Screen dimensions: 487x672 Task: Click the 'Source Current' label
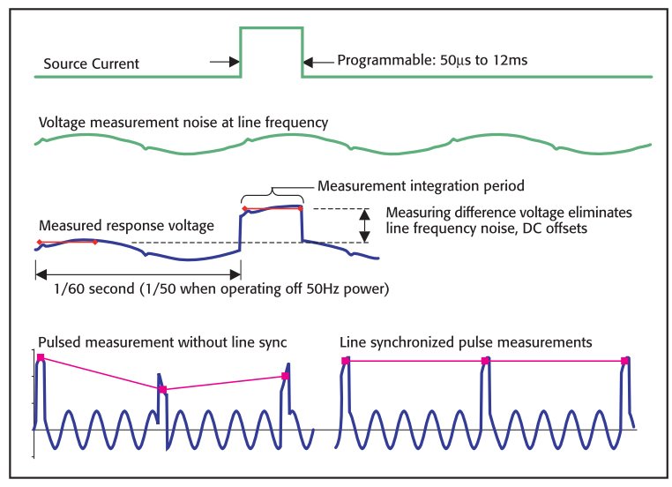(x=91, y=64)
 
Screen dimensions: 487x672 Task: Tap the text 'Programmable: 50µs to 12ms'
(x=434, y=61)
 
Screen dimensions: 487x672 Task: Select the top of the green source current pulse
(x=272, y=27)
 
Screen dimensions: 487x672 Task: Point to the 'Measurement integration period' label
(x=421, y=186)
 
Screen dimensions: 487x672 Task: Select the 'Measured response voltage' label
(x=126, y=226)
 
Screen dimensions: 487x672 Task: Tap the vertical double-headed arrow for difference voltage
(x=363, y=225)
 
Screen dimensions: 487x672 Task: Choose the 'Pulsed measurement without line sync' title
(x=161, y=341)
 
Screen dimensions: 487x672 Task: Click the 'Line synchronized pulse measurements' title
(x=466, y=341)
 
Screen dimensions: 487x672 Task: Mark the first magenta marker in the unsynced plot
(x=41, y=357)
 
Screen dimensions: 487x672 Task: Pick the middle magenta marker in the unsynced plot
(x=162, y=389)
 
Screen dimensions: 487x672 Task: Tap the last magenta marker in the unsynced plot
(x=285, y=377)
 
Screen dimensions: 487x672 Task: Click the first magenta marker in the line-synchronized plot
(x=346, y=361)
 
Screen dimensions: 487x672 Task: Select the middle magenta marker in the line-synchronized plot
(x=485, y=361)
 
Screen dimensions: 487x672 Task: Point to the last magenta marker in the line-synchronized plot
(x=625, y=361)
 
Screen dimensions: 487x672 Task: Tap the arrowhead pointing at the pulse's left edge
(x=235, y=62)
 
